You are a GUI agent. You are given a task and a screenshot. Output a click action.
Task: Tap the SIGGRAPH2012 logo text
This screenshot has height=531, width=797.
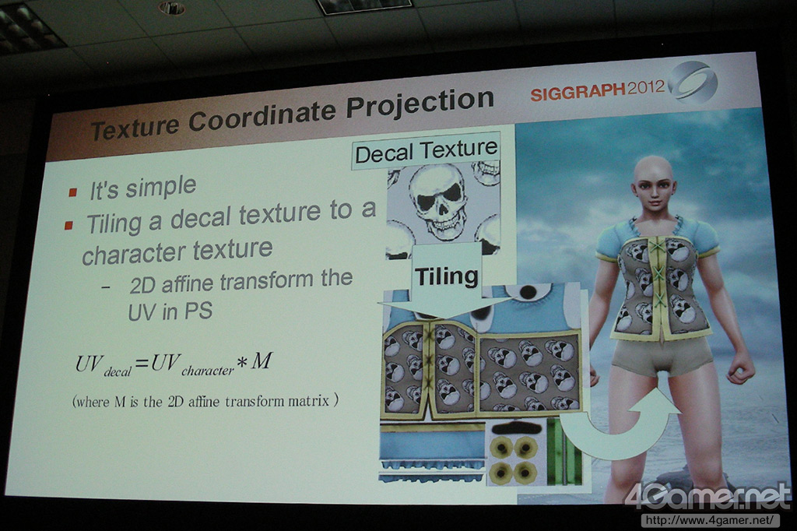(597, 90)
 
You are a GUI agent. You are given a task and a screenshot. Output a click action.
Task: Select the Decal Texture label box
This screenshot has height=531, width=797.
(426, 150)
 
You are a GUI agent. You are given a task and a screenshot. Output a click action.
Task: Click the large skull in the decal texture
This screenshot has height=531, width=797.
(439, 200)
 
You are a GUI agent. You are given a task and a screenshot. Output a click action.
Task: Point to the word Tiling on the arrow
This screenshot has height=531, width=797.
(446, 276)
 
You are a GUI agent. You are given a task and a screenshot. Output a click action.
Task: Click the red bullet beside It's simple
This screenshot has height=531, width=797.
(73, 192)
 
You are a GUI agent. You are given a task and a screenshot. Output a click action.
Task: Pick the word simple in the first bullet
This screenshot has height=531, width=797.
(160, 187)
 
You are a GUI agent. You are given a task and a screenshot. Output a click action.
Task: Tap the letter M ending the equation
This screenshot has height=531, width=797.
(262, 360)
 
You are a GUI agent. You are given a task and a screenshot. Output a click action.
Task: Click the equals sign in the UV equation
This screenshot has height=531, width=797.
(142, 362)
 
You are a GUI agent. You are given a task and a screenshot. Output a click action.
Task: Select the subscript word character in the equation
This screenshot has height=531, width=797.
(208, 371)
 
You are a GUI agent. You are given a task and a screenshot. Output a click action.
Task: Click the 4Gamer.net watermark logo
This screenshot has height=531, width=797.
(708, 495)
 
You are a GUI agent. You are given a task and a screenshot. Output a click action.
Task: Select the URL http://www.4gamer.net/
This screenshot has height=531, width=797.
(710, 520)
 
